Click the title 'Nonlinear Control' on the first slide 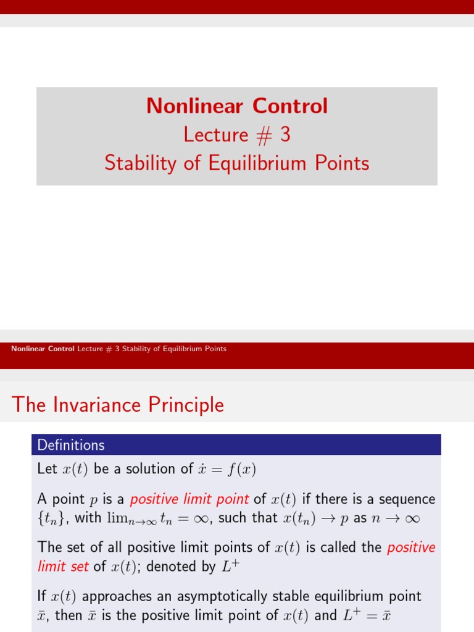pyautogui.click(x=237, y=106)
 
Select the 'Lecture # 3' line pyautogui.click(x=237, y=134)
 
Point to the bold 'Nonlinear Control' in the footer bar pyautogui.click(x=43, y=349)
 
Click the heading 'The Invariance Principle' pyautogui.click(x=118, y=405)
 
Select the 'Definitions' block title pyautogui.click(x=71, y=445)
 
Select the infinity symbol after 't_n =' pyautogui.click(x=199, y=518)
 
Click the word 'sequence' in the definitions pyautogui.click(x=407, y=499)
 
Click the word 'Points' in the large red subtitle pyautogui.click(x=343, y=163)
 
